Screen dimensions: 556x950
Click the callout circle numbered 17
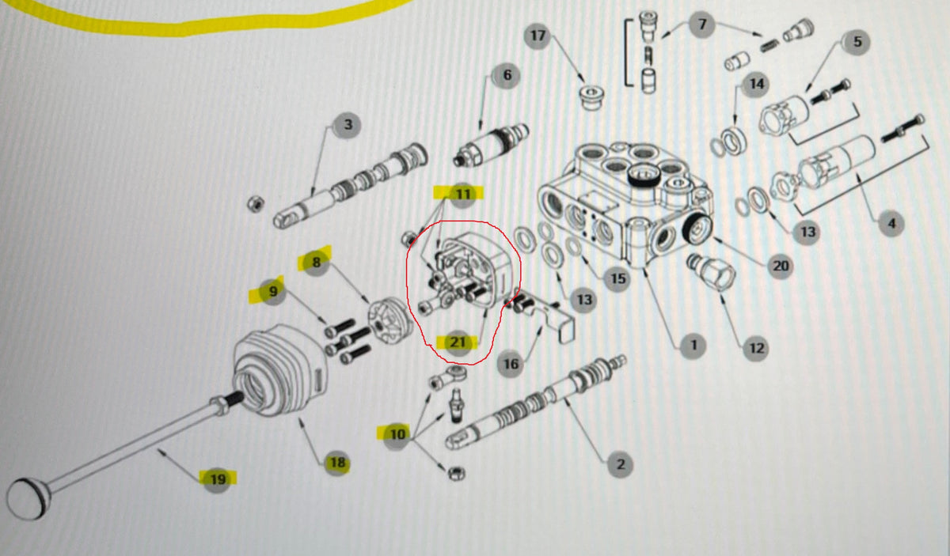[538, 36]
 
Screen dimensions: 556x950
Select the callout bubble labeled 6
[507, 76]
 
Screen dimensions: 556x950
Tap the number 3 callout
[347, 124]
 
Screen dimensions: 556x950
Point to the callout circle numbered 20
[781, 266]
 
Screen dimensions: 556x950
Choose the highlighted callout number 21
[458, 342]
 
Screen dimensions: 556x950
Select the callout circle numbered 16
[511, 363]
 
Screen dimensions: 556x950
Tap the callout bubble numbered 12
[756, 346]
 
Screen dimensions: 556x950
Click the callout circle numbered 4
[891, 224]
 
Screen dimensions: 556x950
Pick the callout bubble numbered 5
[856, 42]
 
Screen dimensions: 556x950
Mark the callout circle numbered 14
[756, 83]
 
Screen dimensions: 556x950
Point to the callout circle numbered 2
[619, 464]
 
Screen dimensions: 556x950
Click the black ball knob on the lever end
[25, 499]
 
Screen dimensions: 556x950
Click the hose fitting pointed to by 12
[712, 274]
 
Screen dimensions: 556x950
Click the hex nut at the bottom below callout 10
[456, 472]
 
